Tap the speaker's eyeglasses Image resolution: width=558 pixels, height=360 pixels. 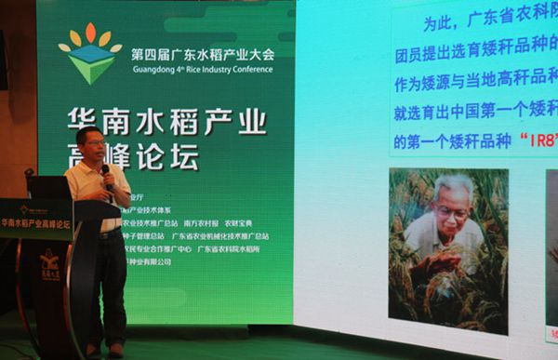(91, 143)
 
